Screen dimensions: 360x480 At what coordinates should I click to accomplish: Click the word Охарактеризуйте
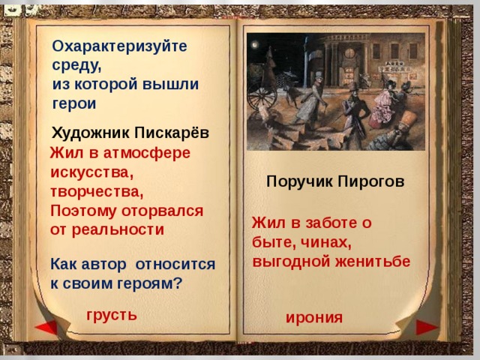(x=120, y=45)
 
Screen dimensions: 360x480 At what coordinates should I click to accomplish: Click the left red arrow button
(x=46, y=328)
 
